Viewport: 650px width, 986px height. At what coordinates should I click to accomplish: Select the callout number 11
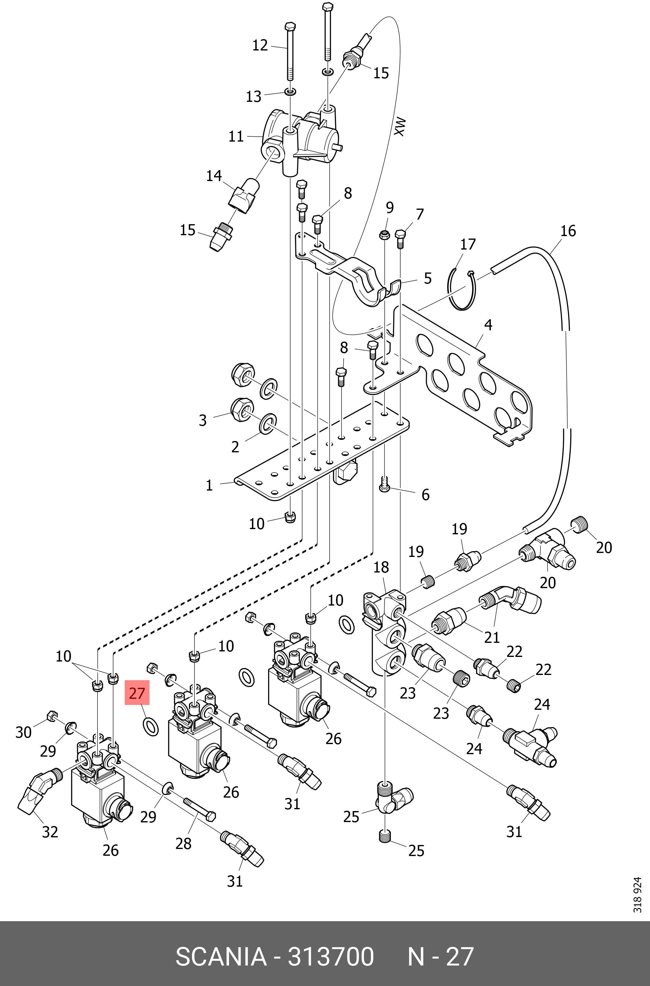pyautogui.click(x=236, y=136)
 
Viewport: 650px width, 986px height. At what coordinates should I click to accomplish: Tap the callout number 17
pyautogui.click(x=468, y=244)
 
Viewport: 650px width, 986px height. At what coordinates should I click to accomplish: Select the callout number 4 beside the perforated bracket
pyautogui.click(x=488, y=325)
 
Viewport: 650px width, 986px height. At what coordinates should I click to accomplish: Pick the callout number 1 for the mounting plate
pyautogui.click(x=209, y=485)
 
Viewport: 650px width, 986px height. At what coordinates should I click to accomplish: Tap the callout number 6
pyautogui.click(x=425, y=495)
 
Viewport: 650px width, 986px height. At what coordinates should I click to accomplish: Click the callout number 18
pyautogui.click(x=381, y=567)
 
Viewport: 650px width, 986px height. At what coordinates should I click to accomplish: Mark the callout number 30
pyautogui.click(x=24, y=733)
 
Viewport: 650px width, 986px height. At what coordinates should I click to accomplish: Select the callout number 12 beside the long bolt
pyautogui.click(x=260, y=45)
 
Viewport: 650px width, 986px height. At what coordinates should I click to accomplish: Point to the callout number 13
pyautogui.click(x=254, y=97)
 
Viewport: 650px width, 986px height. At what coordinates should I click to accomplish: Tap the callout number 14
pyautogui.click(x=214, y=176)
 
